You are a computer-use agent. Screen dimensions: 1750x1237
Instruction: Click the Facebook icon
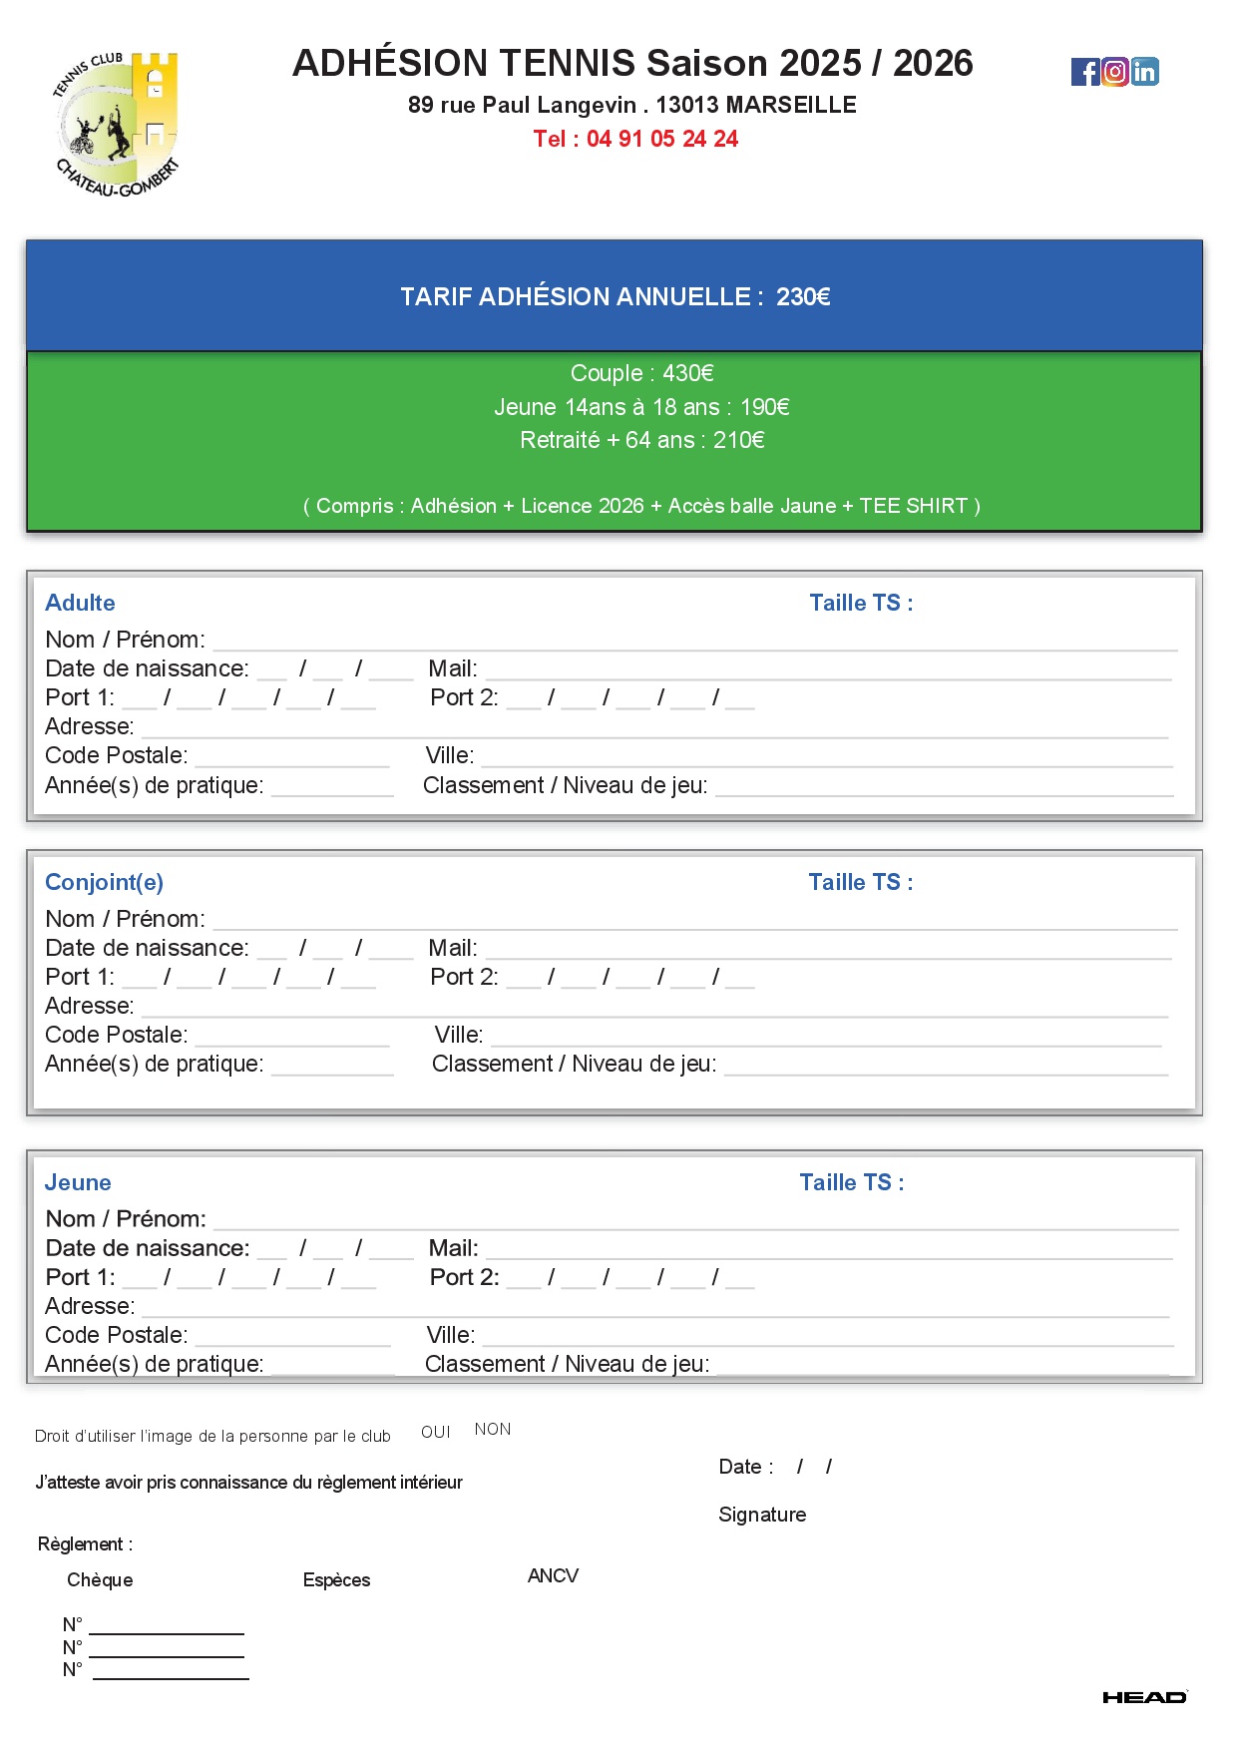click(x=1084, y=72)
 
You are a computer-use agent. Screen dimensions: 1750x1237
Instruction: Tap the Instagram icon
click(x=1115, y=72)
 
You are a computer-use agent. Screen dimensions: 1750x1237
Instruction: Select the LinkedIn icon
click(x=1145, y=72)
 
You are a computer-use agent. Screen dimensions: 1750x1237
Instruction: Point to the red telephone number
click(x=635, y=139)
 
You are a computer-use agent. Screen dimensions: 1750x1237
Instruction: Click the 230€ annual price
click(x=803, y=296)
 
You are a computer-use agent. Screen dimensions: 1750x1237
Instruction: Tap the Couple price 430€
click(x=687, y=373)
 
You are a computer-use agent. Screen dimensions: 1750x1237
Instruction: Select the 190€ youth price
click(x=764, y=407)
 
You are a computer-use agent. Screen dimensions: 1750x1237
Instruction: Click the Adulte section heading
click(x=80, y=603)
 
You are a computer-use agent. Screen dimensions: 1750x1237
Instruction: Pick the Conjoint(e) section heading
click(x=104, y=882)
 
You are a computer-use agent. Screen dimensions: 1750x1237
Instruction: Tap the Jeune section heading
click(x=78, y=1182)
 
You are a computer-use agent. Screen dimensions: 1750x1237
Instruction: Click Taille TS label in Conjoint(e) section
click(x=860, y=882)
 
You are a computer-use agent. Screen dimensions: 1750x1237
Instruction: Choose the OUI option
click(x=435, y=1432)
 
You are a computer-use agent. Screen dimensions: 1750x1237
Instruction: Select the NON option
click(x=493, y=1429)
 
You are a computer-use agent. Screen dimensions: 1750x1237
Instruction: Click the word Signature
click(x=762, y=1515)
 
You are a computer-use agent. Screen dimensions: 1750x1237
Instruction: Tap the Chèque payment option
click(x=100, y=1579)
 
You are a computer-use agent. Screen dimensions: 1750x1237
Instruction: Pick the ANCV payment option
click(x=553, y=1575)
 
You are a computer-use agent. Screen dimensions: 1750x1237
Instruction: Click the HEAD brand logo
click(x=1144, y=1697)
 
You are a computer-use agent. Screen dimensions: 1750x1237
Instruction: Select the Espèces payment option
click(x=336, y=1579)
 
